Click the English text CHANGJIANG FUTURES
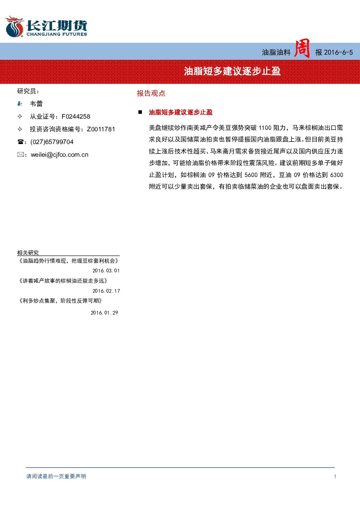coord(57,34)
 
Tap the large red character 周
coord(302,48)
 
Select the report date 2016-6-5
coord(339,53)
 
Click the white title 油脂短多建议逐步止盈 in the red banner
coord(232,71)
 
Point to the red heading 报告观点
coord(151,93)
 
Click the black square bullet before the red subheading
coord(140,112)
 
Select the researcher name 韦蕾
coord(36,104)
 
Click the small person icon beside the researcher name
coord(20,104)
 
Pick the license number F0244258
coord(76,116)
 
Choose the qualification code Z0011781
coord(101,129)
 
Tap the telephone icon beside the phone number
coord(20,142)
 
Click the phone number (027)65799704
coord(52,142)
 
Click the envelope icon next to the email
coord(20,155)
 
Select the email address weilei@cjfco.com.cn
coord(60,155)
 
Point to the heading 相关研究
coord(28,253)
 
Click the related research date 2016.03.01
coord(106,271)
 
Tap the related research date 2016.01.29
coord(104,313)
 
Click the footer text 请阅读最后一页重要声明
coord(56,476)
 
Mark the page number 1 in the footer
coord(335,476)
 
